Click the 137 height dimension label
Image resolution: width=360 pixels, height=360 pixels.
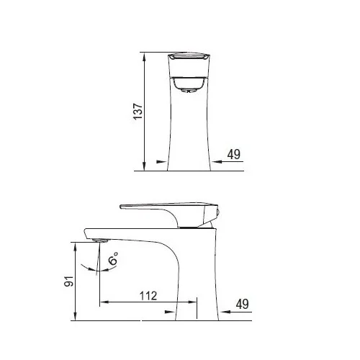[138, 112]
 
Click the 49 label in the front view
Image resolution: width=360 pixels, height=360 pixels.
[234, 154]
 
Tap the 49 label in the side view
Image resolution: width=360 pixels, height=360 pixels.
[243, 304]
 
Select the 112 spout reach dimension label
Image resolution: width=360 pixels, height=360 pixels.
[148, 296]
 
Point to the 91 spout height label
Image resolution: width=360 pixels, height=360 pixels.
[69, 281]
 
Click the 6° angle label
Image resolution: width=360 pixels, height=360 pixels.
[113, 258]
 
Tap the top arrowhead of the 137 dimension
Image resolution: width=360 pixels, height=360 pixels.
[144, 57]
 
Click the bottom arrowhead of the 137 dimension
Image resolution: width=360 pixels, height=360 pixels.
[144, 166]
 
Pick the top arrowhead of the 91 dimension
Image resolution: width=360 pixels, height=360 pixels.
[76, 247]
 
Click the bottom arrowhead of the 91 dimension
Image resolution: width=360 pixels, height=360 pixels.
[76, 316]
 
